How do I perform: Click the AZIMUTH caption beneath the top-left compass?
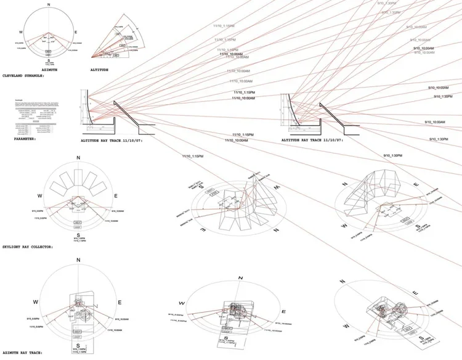[49, 70]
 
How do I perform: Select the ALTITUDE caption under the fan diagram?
[99, 70]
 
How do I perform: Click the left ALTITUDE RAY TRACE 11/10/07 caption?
[115, 141]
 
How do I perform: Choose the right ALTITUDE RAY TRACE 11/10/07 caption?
[315, 141]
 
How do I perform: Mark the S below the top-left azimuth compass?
[49, 60]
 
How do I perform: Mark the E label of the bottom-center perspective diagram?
[283, 313]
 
